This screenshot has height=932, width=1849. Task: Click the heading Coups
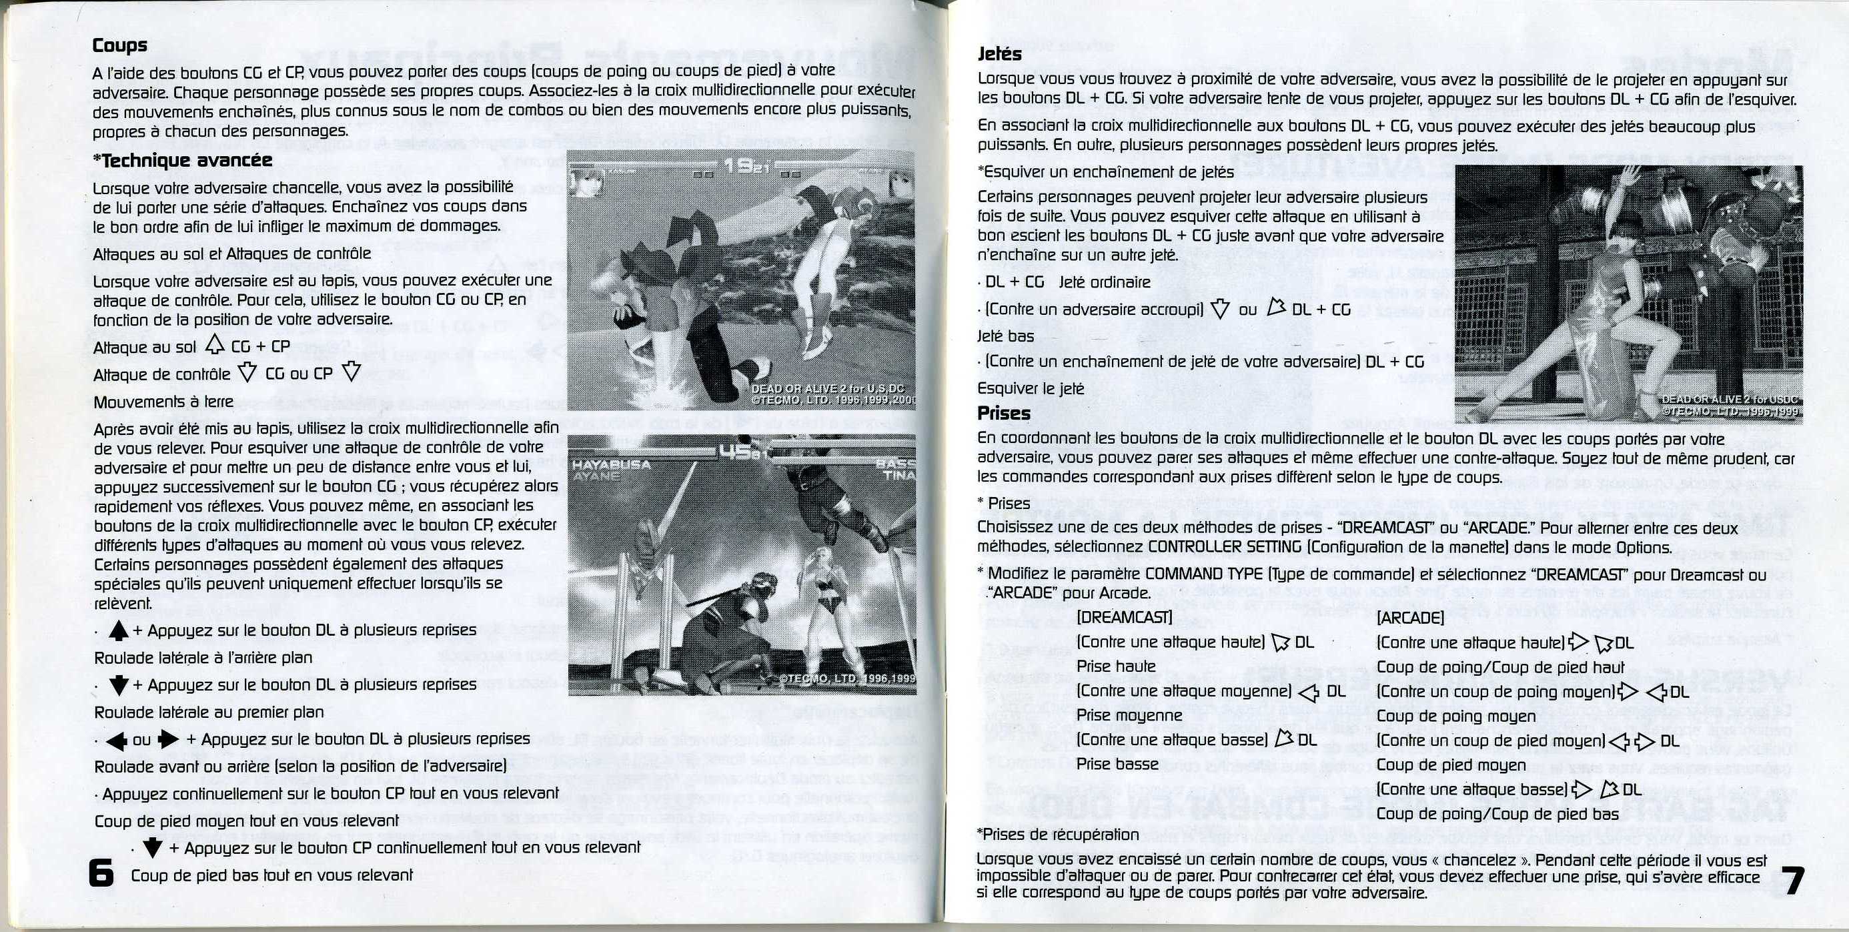120,45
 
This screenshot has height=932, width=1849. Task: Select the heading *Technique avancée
183,159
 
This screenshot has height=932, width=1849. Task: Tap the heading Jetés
999,54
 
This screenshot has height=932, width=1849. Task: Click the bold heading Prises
1003,413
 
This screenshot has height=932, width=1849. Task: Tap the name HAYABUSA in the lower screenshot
611,464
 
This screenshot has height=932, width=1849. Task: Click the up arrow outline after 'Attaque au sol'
215,346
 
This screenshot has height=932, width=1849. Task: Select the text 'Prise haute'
1115,666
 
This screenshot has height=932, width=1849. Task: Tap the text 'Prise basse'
1117,764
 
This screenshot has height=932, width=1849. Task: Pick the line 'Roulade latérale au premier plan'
209,713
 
